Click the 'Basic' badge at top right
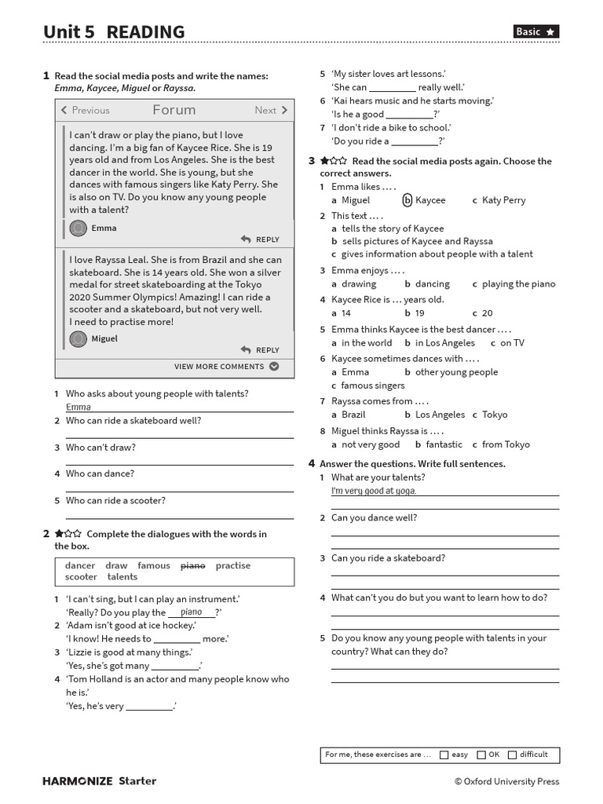tap(536, 31)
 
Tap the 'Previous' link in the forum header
tap(86, 111)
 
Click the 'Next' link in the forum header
tap(271, 111)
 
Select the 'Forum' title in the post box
tap(174, 110)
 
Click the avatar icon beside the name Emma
tap(78, 228)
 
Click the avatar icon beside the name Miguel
tap(78, 338)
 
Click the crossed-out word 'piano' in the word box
tap(192, 565)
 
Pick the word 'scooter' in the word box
tap(81, 577)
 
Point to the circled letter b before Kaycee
tap(407, 200)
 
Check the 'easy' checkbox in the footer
tap(444, 755)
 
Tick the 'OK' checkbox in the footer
tap(481, 755)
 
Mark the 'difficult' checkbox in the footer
tap(513, 755)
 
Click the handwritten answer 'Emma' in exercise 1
tap(79, 407)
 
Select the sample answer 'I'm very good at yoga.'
tap(374, 491)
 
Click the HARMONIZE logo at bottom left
tap(77, 781)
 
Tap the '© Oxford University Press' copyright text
tap(506, 781)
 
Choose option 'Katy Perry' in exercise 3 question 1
tap(503, 200)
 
